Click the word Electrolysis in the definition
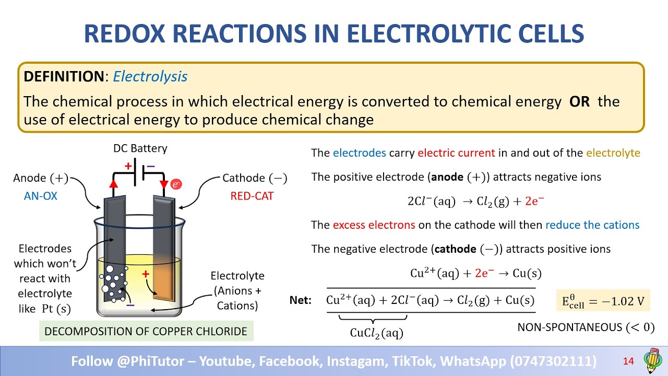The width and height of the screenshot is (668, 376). [x=150, y=76]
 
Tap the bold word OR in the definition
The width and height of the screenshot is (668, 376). [x=579, y=101]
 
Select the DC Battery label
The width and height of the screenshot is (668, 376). [x=140, y=148]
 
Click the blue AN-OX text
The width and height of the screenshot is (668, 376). [x=41, y=196]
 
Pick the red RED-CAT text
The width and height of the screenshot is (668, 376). [x=252, y=196]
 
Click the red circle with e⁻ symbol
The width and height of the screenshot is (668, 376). [x=176, y=184]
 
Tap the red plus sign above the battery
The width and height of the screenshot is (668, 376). [x=128, y=166]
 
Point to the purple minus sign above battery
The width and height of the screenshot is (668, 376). [x=151, y=166]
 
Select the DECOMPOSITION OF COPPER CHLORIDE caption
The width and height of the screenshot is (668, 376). [x=146, y=331]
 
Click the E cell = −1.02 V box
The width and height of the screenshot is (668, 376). [x=603, y=301]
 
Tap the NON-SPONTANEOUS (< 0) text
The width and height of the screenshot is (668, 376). [x=586, y=327]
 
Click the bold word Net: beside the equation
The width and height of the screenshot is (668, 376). [x=301, y=300]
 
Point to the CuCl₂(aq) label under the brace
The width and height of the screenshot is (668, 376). [x=376, y=333]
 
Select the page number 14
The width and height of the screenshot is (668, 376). [x=628, y=361]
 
